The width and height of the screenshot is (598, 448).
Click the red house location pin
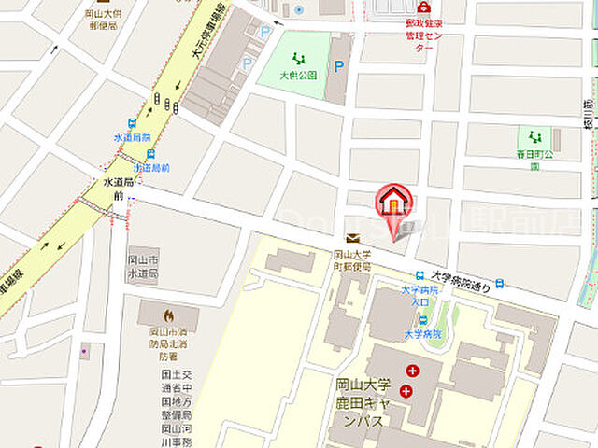pos(393,202)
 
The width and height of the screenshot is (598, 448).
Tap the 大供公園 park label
pos(300,75)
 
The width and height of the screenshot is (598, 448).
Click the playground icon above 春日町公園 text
pos(534,137)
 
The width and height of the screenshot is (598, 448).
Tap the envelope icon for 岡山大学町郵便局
pos(352,238)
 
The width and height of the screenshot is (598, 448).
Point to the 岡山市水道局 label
pos(143,264)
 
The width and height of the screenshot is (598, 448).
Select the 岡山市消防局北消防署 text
pos(168,343)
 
